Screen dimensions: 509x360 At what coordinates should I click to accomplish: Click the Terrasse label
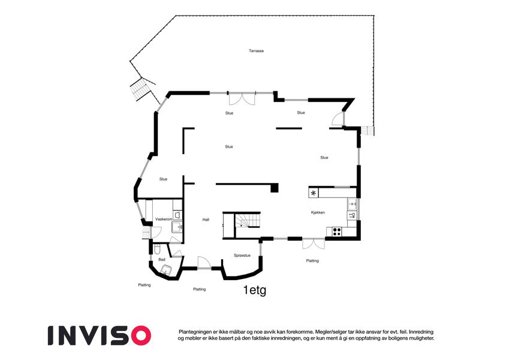[x=256, y=50]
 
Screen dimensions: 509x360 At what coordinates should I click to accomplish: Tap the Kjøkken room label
[x=318, y=212]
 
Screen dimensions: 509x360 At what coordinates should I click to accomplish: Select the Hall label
[x=206, y=220]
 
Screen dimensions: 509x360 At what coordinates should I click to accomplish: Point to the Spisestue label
[x=242, y=256]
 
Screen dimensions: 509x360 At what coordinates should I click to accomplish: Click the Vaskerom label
[x=164, y=220]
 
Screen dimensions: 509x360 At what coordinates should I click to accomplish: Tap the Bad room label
[x=162, y=259]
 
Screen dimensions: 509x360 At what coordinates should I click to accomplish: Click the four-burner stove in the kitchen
[x=336, y=232]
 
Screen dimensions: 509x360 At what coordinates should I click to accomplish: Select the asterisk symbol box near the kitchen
[x=314, y=193]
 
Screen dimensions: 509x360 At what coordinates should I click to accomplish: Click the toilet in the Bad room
[x=157, y=249]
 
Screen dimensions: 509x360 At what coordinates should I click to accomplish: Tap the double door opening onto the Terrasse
[x=242, y=98]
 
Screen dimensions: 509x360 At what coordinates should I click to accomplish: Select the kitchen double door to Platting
[x=314, y=244]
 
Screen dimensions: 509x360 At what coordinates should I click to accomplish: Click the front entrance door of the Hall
[x=204, y=263]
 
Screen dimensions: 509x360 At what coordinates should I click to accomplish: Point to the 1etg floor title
[x=255, y=290]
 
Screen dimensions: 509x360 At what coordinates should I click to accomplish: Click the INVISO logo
[x=100, y=335]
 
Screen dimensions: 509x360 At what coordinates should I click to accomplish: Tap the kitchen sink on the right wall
[x=352, y=204]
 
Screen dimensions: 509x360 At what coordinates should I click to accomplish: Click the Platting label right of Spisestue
[x=312, y=260]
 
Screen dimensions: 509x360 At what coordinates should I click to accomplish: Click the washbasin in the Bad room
[x=167, y=269]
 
